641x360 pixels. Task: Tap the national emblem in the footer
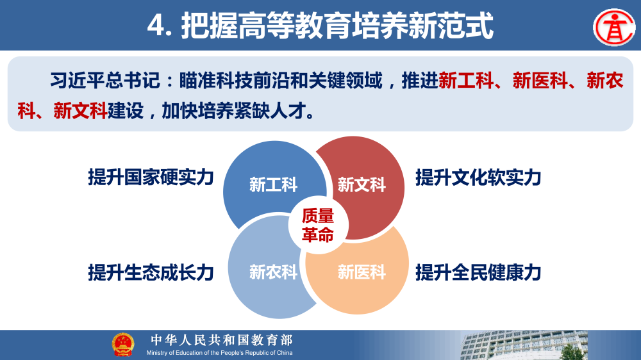[x=122, y=345]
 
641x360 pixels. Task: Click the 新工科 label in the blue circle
[x=274, y=186]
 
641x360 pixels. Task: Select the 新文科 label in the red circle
[x=362, y=186]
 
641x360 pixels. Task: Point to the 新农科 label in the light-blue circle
[x=274, y=272]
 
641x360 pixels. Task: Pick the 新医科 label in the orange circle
[x=362, y=272]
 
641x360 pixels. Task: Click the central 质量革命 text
[x=318, y=225]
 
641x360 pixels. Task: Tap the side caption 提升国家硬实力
[x=151, y=177]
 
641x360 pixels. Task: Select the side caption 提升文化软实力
[x=478, y=177]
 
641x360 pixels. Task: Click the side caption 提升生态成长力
[x=151, y=272]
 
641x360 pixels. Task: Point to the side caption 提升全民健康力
[x=478, y=272]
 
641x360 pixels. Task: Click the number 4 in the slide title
[x=155, y=27]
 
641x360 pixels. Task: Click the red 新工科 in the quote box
[x=466, y=81]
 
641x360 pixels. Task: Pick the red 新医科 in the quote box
[x=540, y=81]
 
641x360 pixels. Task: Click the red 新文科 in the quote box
[x=80, y=111]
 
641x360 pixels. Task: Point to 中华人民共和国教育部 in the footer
[x=221, y=340]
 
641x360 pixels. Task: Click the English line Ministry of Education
[x=219, y=353]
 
